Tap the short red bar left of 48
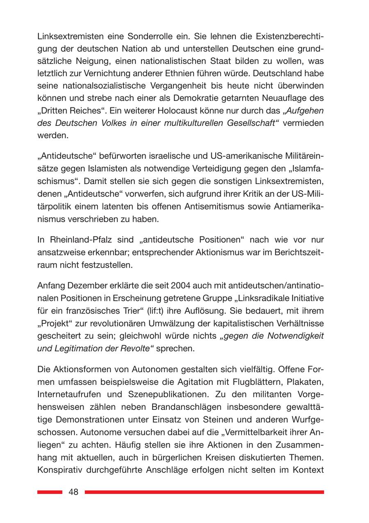pos(50,492)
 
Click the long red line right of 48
pos(204,492)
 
